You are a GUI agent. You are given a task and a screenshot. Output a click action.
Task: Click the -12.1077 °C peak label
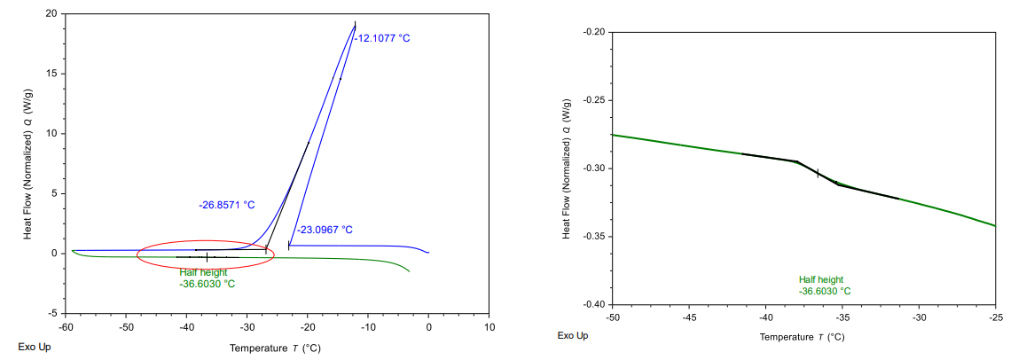(x=383, y=39)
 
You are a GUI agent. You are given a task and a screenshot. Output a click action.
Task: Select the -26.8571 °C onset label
(x=226, y=205)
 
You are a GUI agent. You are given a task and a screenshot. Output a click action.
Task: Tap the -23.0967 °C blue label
(x=324, y=230)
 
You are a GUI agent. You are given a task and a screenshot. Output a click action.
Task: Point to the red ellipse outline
(x=206, y=241)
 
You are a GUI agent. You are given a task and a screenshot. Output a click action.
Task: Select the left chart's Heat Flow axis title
(x=29, y=163)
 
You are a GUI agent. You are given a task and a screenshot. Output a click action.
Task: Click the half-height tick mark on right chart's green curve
(x=818, y=173)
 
